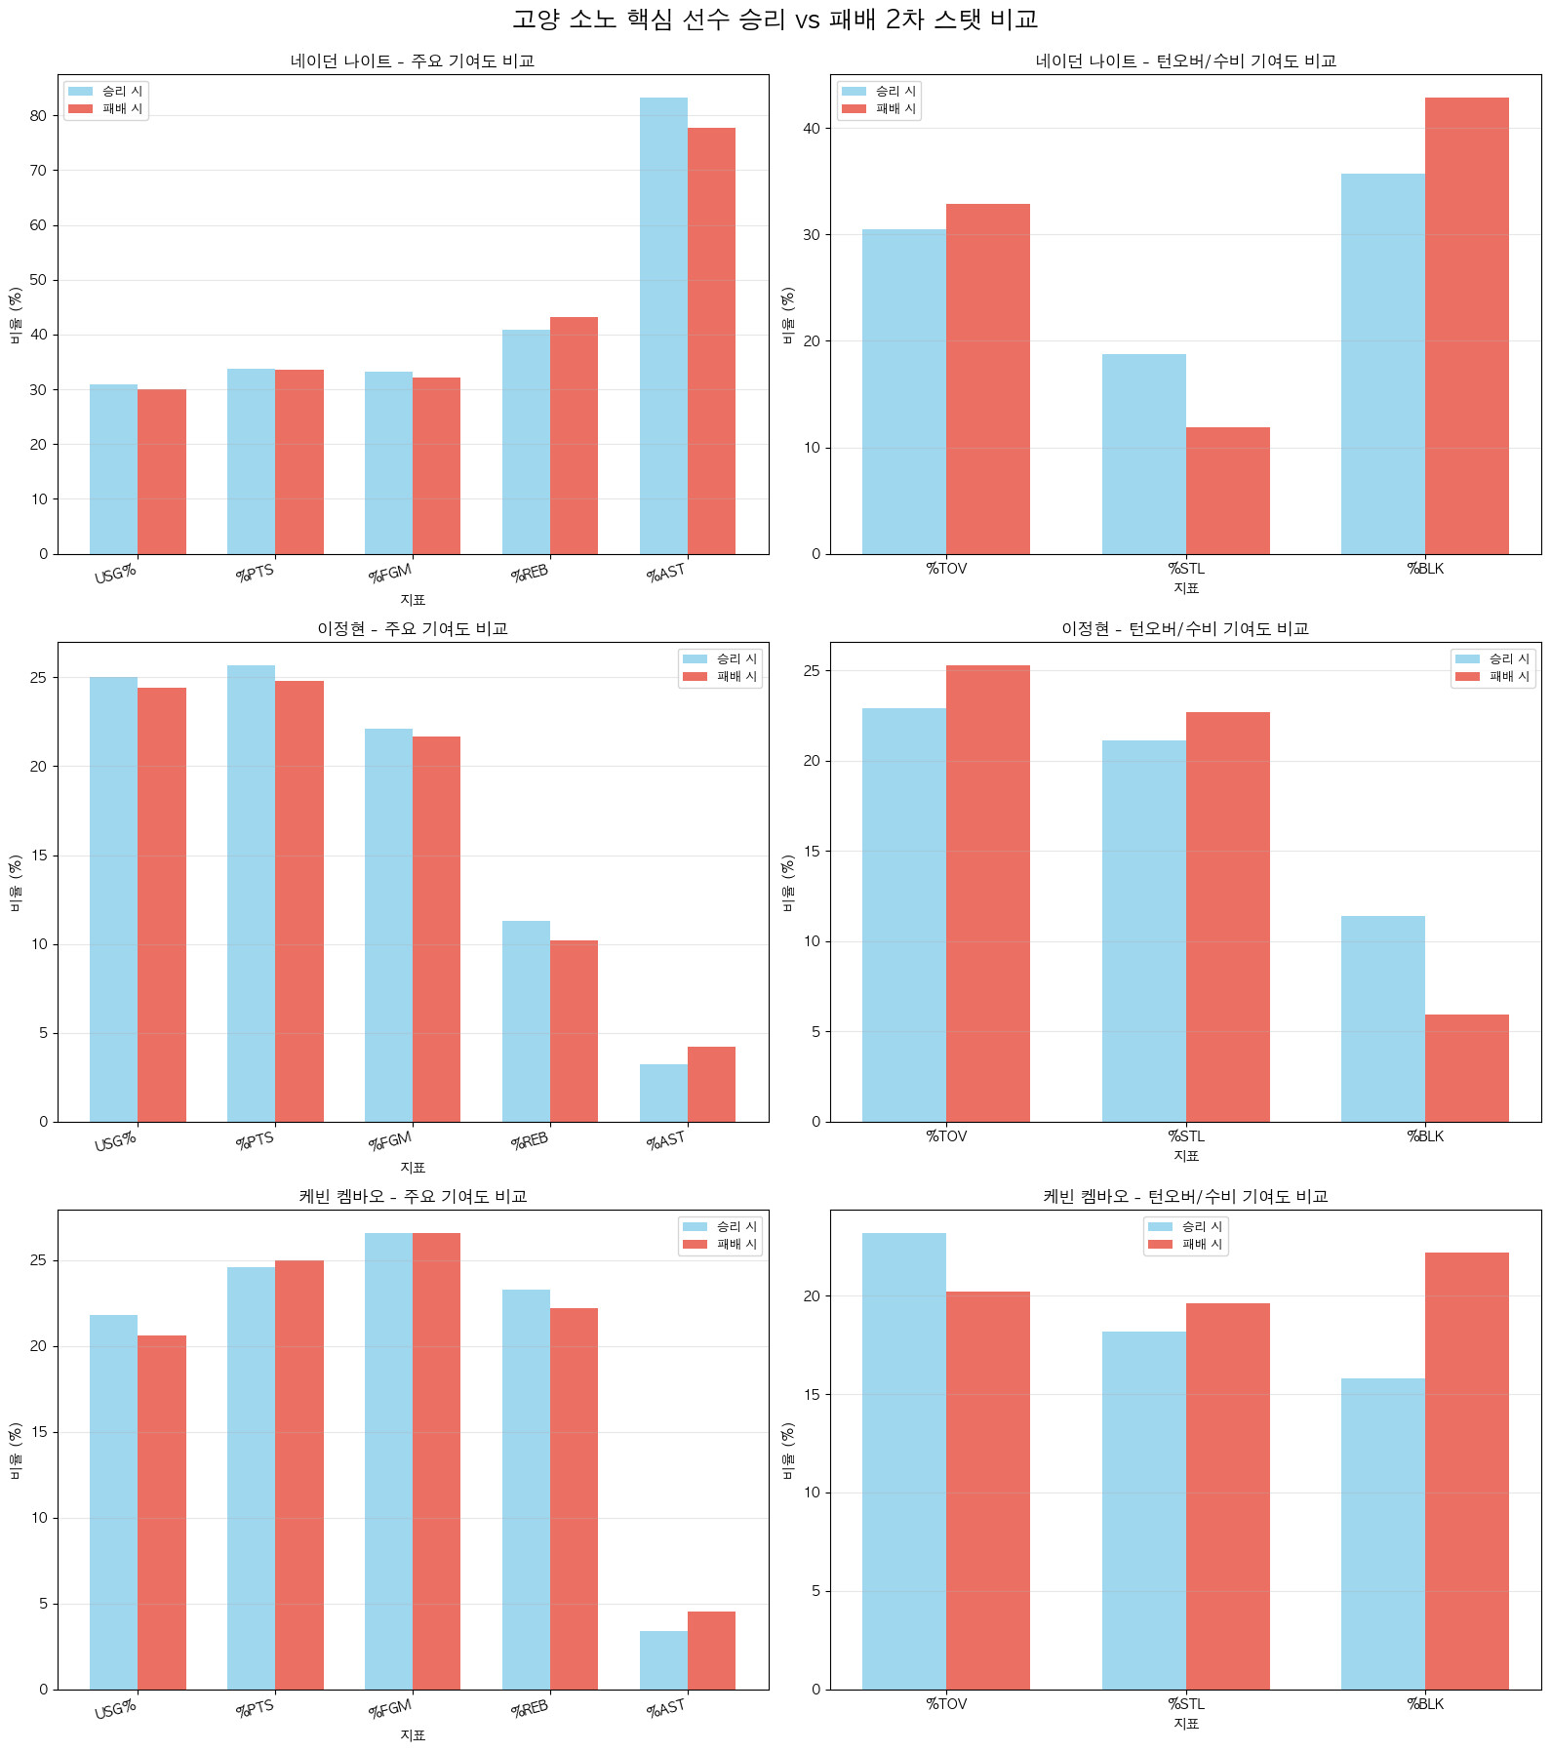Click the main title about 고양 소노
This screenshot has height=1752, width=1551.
[775, 20]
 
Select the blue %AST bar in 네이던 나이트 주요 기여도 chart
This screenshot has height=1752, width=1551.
[663, 326]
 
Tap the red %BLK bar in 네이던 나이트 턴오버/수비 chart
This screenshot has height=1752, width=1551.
[1466, 326]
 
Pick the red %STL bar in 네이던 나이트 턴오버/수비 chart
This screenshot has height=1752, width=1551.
[1227, 491]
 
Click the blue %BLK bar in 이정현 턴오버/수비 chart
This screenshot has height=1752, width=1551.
[1382, 1018]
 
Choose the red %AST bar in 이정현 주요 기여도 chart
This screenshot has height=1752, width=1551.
[711, 1084]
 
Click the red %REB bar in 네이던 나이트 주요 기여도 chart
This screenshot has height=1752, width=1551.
[574, 435]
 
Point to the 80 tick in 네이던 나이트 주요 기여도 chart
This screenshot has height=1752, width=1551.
[38, 115]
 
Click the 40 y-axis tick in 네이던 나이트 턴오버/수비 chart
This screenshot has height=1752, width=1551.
[812, 128]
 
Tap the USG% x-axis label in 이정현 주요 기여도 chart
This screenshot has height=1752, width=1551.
[115, 1141]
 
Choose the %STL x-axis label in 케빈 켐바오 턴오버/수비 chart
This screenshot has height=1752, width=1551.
[1185, 1703]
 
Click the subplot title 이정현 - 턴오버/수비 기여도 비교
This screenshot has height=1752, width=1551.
[1185, 629]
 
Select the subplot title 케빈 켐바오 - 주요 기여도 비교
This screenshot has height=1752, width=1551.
[413, 1197]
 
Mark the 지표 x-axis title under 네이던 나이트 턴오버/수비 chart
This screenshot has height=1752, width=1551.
[1185, 588]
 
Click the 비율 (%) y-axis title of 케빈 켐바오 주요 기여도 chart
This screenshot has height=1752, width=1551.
[16, 1450]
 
